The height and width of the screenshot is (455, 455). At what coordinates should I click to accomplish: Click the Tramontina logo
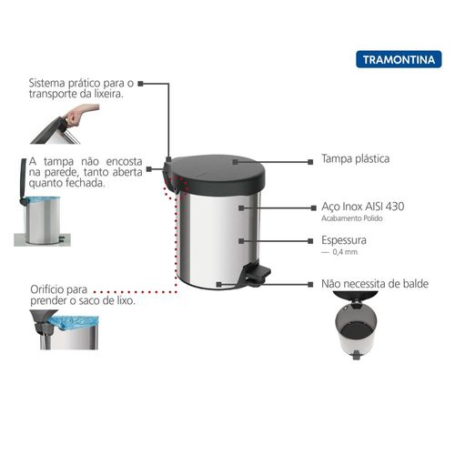point(399,59)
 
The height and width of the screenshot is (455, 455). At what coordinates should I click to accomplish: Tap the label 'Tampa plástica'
point(355,158)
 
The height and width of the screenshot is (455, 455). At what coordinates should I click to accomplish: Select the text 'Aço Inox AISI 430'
point(363,207)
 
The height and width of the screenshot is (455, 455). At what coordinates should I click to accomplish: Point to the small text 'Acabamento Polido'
point(352,218)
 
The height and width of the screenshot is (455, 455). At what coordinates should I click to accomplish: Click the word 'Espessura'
point(344,240)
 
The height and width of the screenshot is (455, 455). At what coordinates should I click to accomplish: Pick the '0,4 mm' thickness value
point(345,252)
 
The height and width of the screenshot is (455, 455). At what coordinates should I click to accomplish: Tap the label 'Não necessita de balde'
point(375,284)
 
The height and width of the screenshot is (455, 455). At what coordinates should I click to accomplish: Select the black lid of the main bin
point(216,175)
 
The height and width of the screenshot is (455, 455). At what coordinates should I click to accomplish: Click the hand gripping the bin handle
point(79,115)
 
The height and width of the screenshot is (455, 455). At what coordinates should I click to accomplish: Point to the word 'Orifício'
point(47,289)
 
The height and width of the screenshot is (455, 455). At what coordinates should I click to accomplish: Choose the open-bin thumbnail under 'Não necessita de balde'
point(356,325)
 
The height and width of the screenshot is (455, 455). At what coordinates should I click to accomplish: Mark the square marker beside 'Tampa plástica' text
point(310,162)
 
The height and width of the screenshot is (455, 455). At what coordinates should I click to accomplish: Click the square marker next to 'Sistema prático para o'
point(140,84)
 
